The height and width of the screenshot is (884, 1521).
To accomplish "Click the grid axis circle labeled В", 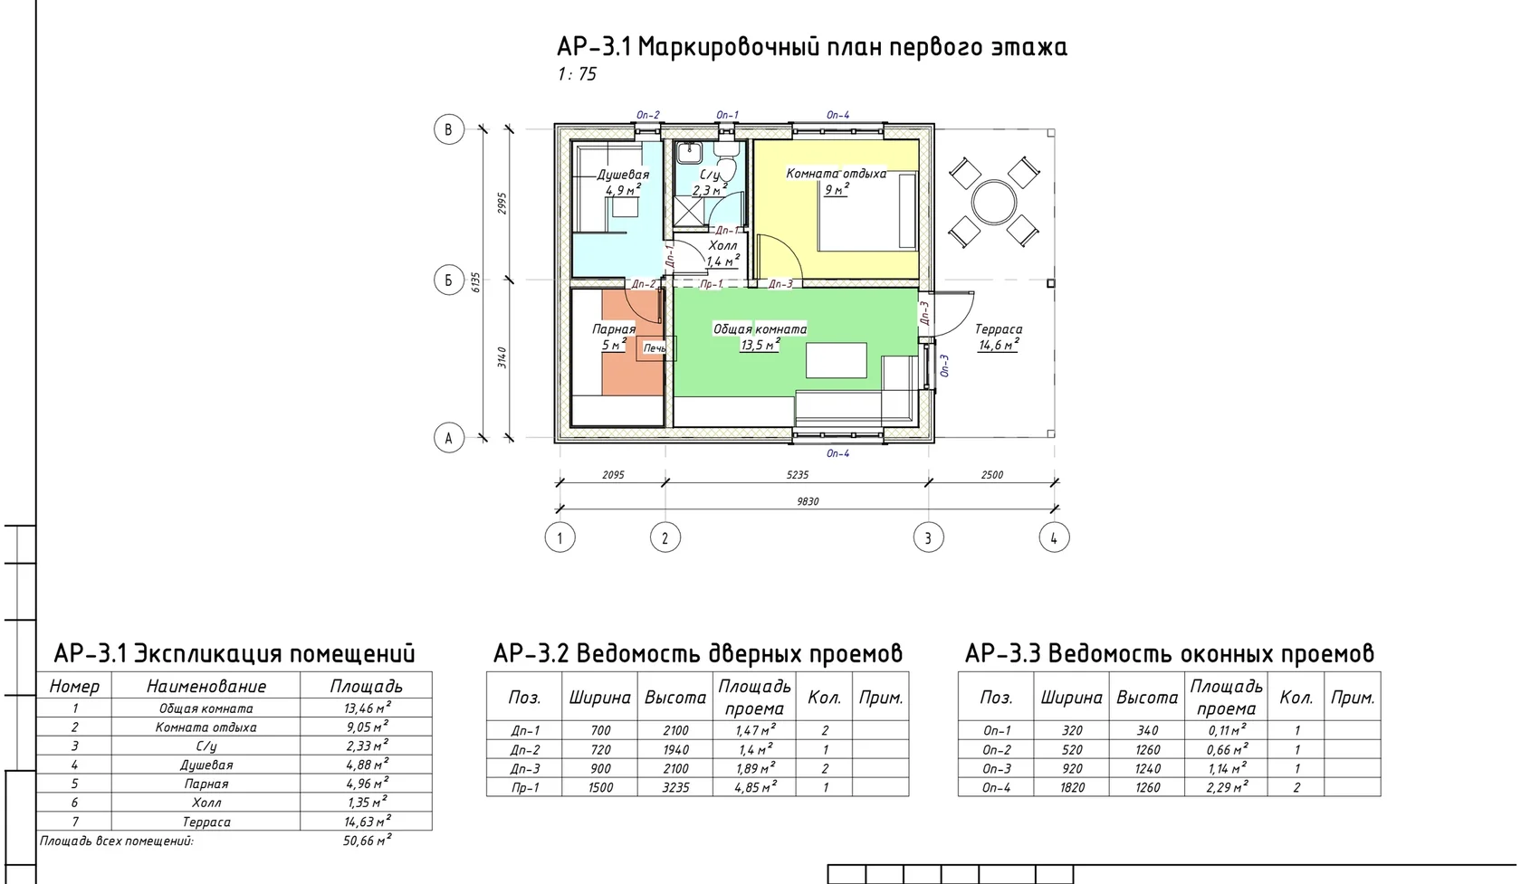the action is coord(449,129).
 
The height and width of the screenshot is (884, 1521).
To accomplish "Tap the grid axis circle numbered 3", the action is coord(928,538).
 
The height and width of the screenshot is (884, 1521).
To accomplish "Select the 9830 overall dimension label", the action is coord(808,501).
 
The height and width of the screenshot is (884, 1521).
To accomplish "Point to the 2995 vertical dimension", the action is coord(502,204).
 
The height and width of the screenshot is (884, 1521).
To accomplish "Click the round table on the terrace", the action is coord(993,202).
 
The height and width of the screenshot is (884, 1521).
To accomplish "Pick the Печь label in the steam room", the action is coord(655,348).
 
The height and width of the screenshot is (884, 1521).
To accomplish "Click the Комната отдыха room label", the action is coord(836,174).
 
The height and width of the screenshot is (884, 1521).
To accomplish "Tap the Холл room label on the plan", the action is coord(722,245).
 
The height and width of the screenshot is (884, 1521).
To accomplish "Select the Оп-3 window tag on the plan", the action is coord(943,366).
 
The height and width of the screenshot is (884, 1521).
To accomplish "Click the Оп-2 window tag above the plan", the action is coord(648,115).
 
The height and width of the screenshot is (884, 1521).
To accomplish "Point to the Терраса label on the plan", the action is coord(998,329).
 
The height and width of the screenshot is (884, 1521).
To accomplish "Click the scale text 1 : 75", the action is coord(577,74).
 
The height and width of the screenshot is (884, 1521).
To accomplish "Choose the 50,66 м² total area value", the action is coord(368,841).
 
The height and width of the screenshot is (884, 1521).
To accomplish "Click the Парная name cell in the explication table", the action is coord(206,784).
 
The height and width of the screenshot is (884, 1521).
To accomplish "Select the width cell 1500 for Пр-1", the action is coord(600,788).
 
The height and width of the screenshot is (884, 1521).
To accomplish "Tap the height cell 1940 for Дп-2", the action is coord(675,750).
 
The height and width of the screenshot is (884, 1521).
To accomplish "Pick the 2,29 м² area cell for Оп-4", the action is coord(1227,787).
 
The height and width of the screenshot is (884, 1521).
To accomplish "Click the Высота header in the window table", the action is coord(1147,698).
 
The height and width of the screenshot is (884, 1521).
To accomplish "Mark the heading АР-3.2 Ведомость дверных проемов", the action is coord(697,653).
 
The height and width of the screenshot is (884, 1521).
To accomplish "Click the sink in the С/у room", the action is coord(689,152).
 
